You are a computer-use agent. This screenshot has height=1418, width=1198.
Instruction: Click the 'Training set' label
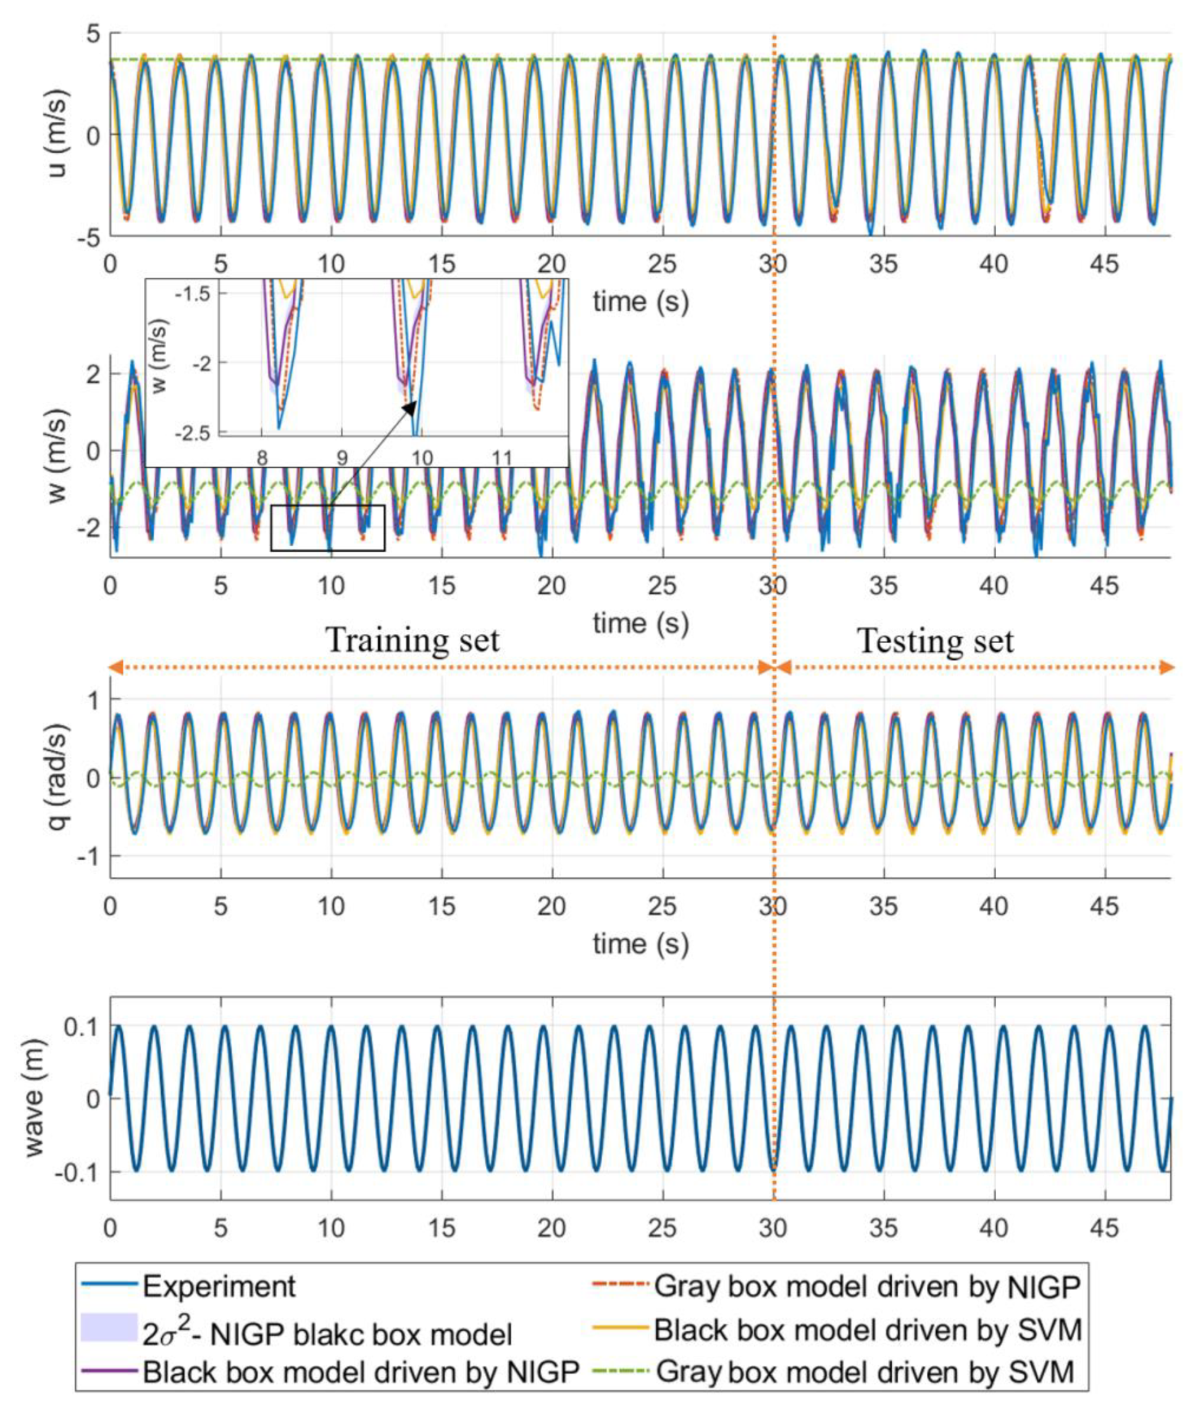413,641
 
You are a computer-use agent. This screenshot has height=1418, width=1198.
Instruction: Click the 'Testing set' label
935,641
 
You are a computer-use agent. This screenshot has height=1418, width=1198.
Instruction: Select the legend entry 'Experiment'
219,1286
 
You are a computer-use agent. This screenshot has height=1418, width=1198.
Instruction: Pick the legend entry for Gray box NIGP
866,1286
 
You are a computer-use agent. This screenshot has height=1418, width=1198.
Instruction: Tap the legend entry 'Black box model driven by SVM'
866,1329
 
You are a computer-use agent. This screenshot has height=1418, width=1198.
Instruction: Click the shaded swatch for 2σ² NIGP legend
109,1328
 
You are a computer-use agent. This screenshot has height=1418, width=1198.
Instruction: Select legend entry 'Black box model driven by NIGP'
360,1372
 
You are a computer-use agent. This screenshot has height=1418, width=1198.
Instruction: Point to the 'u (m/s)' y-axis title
60,133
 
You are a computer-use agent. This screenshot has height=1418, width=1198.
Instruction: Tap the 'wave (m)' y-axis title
34,1098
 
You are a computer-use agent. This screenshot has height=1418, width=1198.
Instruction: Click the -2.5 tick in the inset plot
195,433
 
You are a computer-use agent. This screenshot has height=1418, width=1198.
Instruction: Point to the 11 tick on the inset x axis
501,458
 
